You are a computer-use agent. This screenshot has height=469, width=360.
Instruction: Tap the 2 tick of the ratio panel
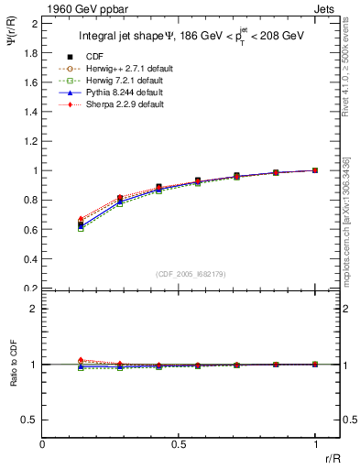[x=35, y=310]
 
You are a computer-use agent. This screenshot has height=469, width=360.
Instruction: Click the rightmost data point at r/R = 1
[x=314, y=170]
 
